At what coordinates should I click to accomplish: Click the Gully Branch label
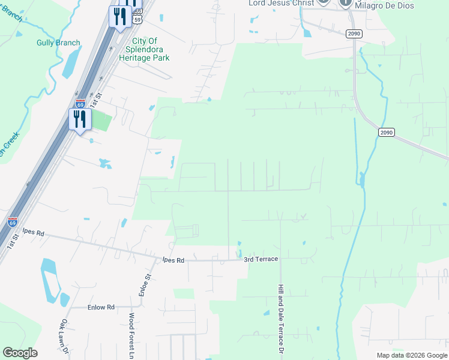tap(58, 43)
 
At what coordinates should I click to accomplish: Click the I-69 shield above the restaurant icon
tap(80, 103)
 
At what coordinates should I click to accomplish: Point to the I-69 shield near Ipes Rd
tap(13, 222)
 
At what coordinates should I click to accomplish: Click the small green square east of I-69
tap(101, 121)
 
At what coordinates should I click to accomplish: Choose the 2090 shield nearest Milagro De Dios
tap(354, 34)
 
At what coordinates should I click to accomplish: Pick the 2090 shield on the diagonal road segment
tap(386, 132)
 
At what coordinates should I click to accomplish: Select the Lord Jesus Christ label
tap(281, 3)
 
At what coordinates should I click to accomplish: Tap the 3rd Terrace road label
tap(261, 259)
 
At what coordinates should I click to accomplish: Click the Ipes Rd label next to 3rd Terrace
tap(173, 260)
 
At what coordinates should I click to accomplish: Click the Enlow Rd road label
tap(101, 307)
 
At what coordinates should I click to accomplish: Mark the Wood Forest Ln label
tap(131, 333)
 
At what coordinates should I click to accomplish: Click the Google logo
tap(20, 353)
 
